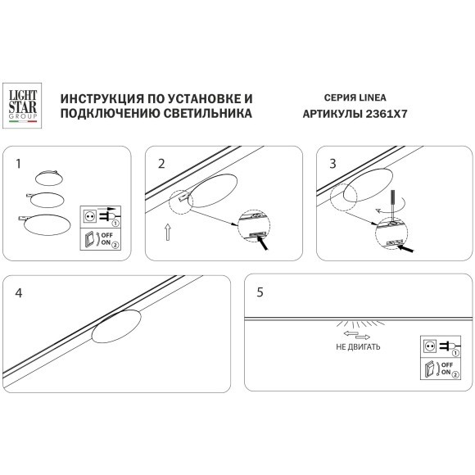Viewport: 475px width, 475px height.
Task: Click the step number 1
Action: [18, 163]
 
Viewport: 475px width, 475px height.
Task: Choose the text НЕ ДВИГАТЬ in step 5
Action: [356, 347]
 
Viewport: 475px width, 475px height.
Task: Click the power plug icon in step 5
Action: [445, 346]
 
